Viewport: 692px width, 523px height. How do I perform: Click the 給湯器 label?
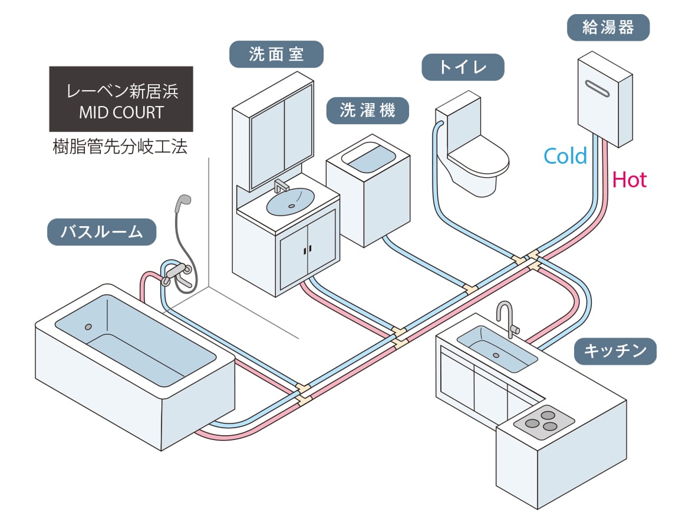[608, 28]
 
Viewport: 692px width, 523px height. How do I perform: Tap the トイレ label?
[463, 67]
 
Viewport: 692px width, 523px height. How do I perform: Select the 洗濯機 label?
[367, 110]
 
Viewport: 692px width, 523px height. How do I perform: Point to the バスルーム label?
[101, 231]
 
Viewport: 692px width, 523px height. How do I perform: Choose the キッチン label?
[615, 351]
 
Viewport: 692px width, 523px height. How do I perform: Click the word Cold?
[565, 156]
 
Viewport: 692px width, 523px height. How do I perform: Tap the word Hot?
[629, 180]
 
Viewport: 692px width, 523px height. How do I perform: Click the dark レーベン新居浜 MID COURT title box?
[121, 99]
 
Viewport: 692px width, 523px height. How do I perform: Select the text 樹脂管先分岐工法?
[120, 147]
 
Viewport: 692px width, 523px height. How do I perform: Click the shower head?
[182, 203]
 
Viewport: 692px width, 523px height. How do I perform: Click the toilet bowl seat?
[477, 158]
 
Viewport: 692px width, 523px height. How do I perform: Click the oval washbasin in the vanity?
[290, 201]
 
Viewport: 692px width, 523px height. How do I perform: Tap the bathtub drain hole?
[88, 326]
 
